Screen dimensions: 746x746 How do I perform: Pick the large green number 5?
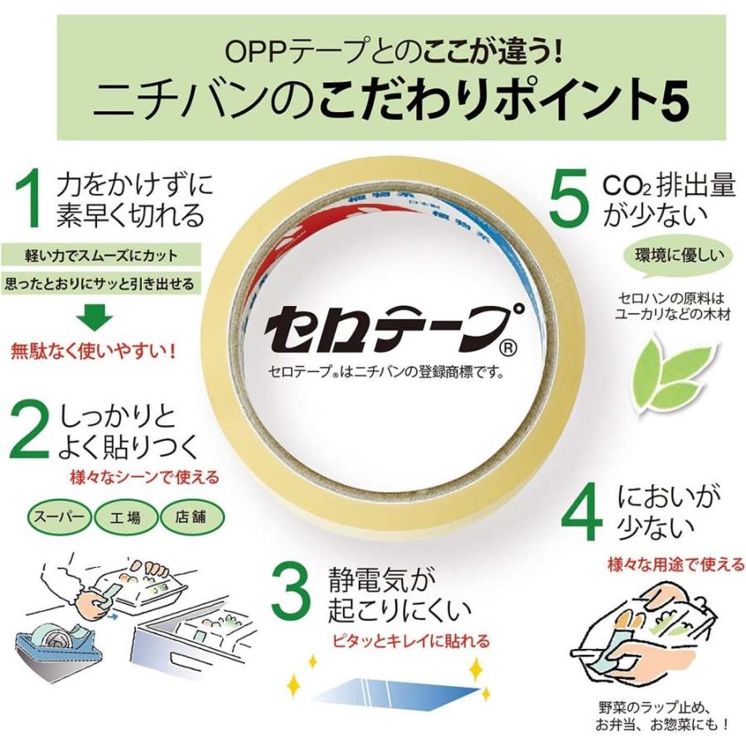(569, 198)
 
